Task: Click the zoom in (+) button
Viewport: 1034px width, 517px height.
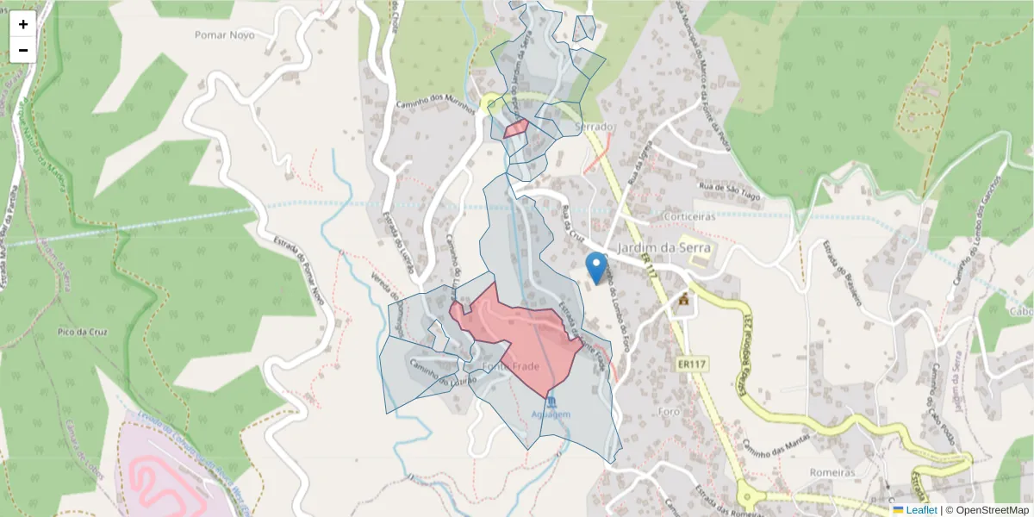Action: pyautogui.click(x=23, y=24)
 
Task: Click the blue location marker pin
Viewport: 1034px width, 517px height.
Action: pyautogui.click(x=595, y=267)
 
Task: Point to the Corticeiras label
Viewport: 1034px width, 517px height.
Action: pyautogui.click(x=690, y=216)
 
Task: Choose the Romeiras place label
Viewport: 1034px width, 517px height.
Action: pyautogui.click(x=832, y=472)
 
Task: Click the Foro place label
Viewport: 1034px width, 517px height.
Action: pyautogui.click(x=670, y=411)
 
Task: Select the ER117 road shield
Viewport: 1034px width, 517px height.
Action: pyautogui.click(x=691, y=364)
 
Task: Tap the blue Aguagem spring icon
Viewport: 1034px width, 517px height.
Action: pyautogui.click(x=551, y=402)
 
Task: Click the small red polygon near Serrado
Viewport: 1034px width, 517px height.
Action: pyautogui.click(x=516, y=128)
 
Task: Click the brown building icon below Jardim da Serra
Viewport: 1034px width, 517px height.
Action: pyautogui.click(x=684, y=300)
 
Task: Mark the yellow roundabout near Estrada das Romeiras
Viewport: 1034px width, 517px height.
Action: pyautogui.click(x=747, y=495)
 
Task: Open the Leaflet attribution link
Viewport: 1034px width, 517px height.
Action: pyautogui.click(x=919, y=510)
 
